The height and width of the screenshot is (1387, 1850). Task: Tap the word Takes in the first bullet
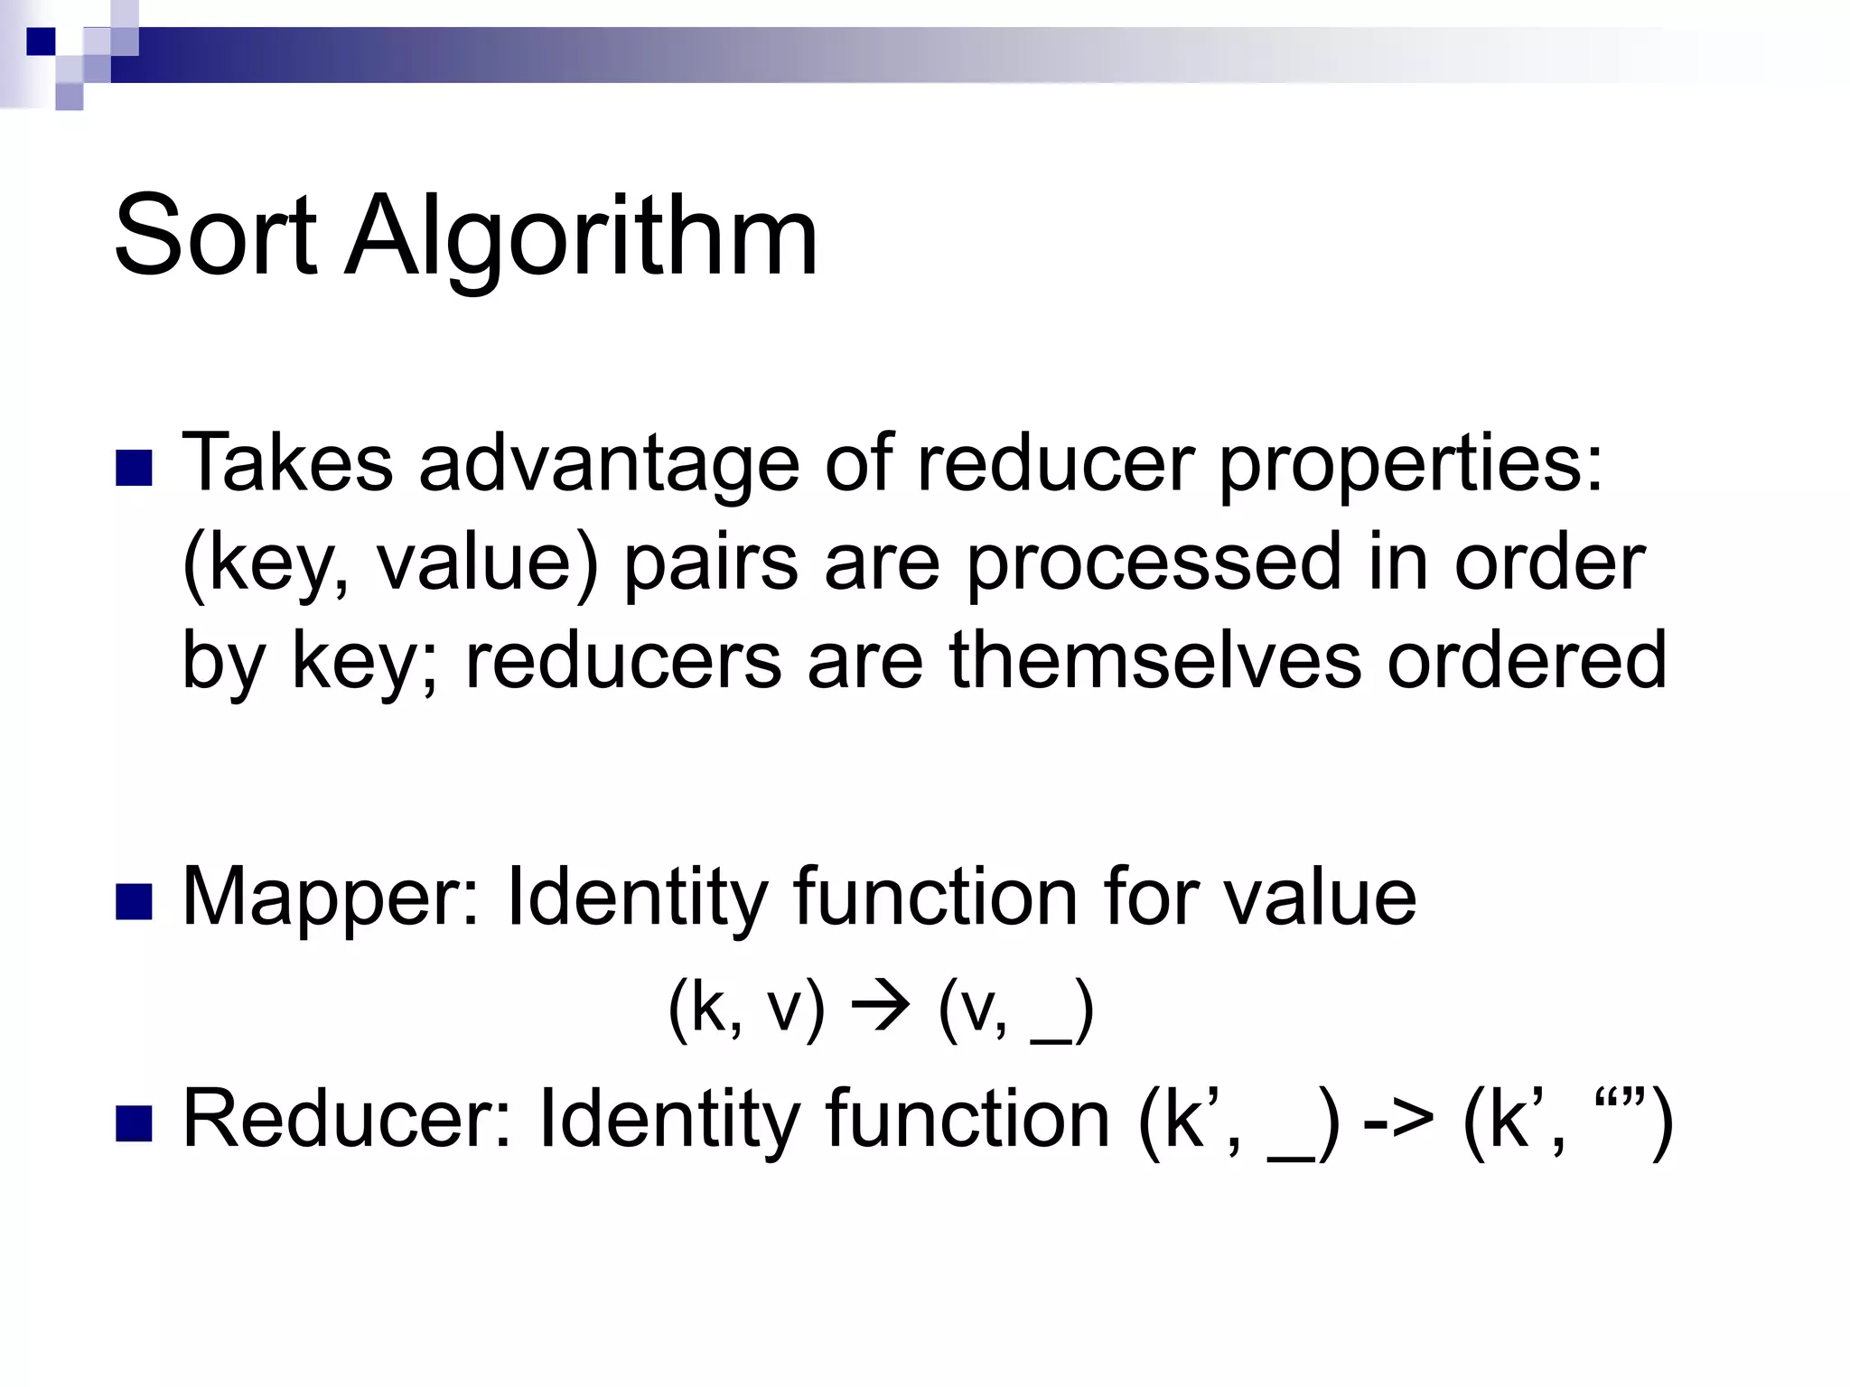(x=287, y=463)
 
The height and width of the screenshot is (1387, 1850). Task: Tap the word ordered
(x=1527, y=659)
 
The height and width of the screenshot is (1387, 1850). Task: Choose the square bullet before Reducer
(x=134, y=1123)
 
